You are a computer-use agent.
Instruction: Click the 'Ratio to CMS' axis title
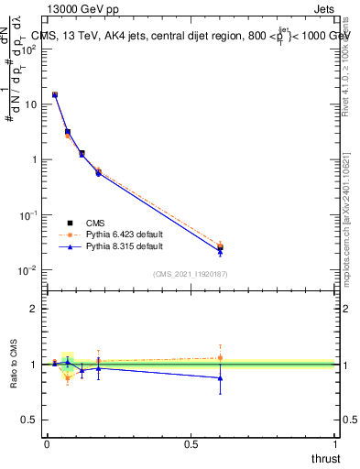(x=13, y=365)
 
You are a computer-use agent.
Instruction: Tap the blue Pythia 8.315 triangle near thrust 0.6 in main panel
(x=220, y=251)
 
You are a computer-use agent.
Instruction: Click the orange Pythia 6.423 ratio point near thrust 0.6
(x=220, y=357)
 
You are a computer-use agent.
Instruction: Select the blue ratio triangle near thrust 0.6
(x=220, y=377)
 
